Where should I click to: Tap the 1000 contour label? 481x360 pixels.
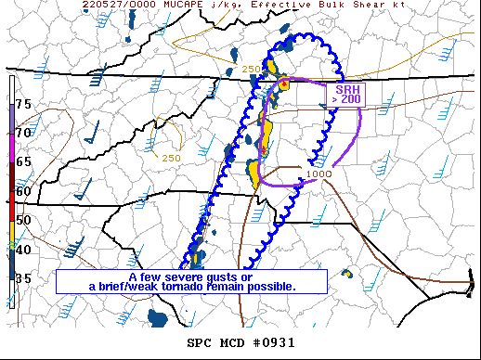(x=318, y=174)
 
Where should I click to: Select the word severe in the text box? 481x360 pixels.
(x=185, y=277)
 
